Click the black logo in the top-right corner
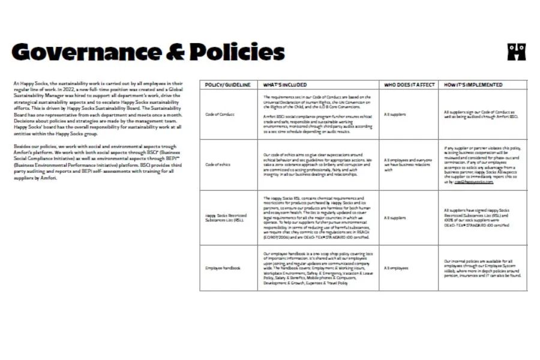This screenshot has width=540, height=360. (516, 52)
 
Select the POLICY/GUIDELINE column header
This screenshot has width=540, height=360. (228, 85)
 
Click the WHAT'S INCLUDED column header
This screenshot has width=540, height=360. (285, 85)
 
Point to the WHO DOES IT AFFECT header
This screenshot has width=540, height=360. (409, 85)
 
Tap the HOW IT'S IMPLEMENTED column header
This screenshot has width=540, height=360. (473, 85)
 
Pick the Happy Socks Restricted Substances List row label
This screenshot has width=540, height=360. (225, 217)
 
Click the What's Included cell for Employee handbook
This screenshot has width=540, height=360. (318, 268)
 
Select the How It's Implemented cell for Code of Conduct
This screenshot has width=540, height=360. (482, 113)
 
